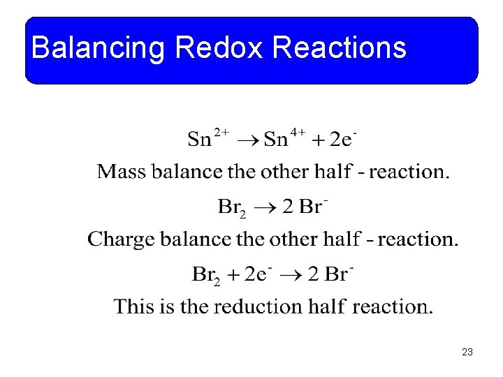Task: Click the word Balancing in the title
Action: pyautogui.click(x=98, y=48)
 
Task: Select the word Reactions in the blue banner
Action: pyautogui.click(x=340, y=48)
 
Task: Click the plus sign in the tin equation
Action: pyautogui.click(x=318, y=140)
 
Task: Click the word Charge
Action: pyautogui.click(x=122, y=240)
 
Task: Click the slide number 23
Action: pyautogui.click(x=467, y=352)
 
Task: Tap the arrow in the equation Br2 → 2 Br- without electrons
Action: pyautogui.click(x=268, y=208)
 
